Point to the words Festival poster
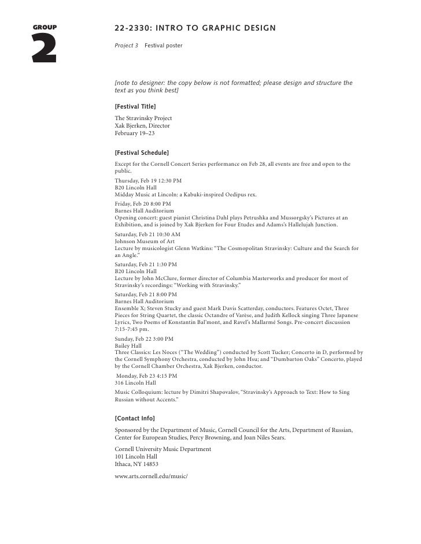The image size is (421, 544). pos(164,44)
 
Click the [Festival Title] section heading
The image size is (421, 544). pos(135,107)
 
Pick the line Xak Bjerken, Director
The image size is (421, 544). pos(142,125)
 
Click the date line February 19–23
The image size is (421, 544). pos(135,133)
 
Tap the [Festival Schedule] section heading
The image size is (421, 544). pos(142,153)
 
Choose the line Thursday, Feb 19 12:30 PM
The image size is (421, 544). pos(148,180)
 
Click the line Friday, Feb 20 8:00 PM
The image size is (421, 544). pos(143,203)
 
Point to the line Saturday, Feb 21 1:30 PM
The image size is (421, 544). pos(146,263)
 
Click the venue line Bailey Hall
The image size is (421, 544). pos(128,345)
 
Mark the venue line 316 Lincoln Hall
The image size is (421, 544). pos(135,382)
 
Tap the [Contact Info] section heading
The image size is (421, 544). pos(135,418)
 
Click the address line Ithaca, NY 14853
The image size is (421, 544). pos(136,464)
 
